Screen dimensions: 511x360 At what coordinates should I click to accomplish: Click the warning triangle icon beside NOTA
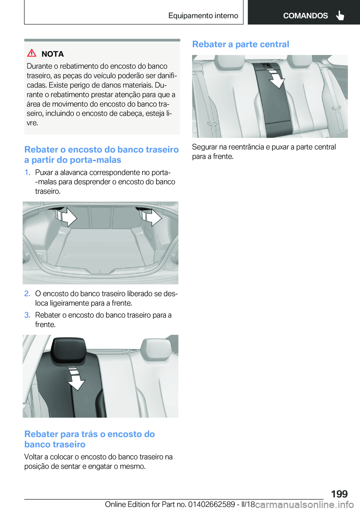pos(32,53)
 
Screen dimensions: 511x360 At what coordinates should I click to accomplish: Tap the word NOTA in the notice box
pos(52,54)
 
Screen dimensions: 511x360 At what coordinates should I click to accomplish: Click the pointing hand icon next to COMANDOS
pos(340,15)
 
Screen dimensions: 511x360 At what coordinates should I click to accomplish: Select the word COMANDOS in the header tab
pos(305,16)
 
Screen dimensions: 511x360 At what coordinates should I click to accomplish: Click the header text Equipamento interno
pos(203,16)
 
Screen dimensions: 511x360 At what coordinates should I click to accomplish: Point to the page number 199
pos(339,494)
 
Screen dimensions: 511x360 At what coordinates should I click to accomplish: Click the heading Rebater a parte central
pos(240,44)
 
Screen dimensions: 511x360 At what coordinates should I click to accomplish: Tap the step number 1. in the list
pos(27,173)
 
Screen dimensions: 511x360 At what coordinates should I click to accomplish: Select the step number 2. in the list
pos(27,294)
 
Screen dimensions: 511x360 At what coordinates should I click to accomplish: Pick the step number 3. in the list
pos(27,315)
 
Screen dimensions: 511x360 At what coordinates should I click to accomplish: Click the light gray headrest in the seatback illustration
pos(156,349)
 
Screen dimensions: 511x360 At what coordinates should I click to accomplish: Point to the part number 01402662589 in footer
pos(211,504)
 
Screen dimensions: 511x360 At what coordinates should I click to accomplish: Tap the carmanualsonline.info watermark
pos(304,504)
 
